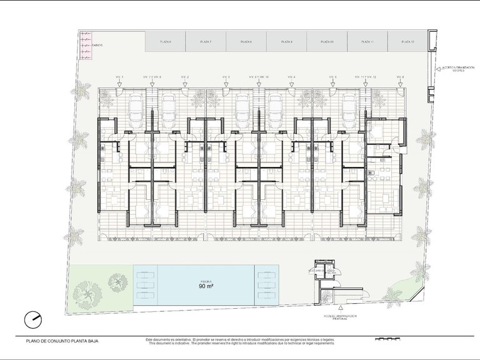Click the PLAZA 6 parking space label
[166, 41]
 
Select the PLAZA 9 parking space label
[287, 41]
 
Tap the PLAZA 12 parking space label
[408, 41]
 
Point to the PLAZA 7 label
[206, 41]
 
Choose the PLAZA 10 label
[327, 41]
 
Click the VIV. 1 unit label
[120, 77]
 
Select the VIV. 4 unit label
[291, 77]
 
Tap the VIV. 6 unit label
[400, 77]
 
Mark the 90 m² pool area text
[207, 287]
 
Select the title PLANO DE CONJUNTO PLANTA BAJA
[62, 341]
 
